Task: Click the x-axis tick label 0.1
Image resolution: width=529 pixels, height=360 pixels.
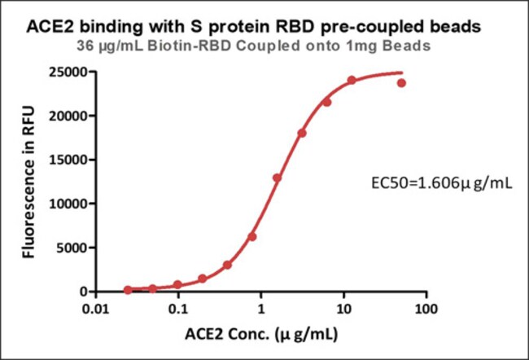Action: pyautogui.click(x=178, y=310)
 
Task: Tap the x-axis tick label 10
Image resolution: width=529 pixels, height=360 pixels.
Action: pyautogui.click(x=343, y=310)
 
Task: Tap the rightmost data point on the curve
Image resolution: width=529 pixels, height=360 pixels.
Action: pyautogui.click(x=401, y=83)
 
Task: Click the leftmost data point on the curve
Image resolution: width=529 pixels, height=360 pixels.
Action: pyautogui.click(x=128, y=290)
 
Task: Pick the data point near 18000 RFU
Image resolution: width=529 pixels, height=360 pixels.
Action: pyautogui.click(x=302, y=133)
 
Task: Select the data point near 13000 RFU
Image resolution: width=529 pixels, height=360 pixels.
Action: pyautogui.click(x=277, y=178)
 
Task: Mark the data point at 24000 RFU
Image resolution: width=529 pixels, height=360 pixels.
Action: pyautogui.click(x=352, y=81)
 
